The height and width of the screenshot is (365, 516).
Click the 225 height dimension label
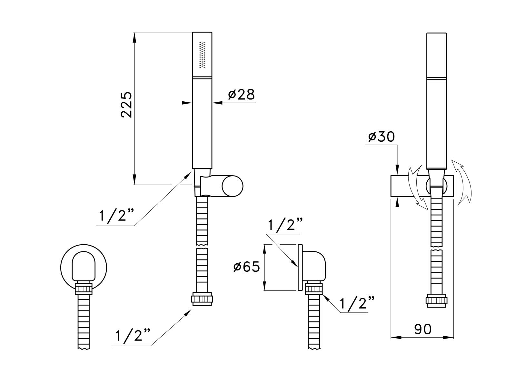click(126, 105)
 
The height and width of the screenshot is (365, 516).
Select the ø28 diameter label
click(242, 95)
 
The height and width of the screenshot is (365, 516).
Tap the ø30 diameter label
click(381, 137)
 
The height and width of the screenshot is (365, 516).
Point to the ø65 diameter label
click(246, 267)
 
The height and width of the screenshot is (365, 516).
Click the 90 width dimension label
click(423, 330)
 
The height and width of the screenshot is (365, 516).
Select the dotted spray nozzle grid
click(202, 55)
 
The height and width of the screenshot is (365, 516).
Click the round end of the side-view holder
click(233, 186)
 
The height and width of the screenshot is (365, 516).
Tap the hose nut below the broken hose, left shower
click(202, 299)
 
